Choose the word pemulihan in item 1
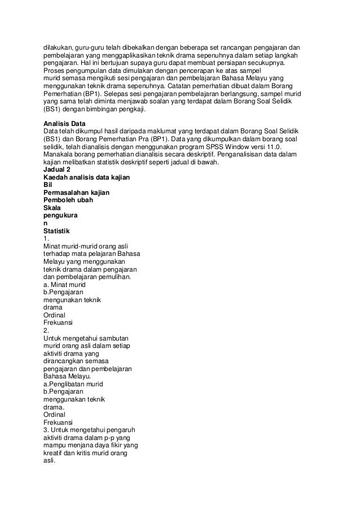(x=115, y=277)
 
